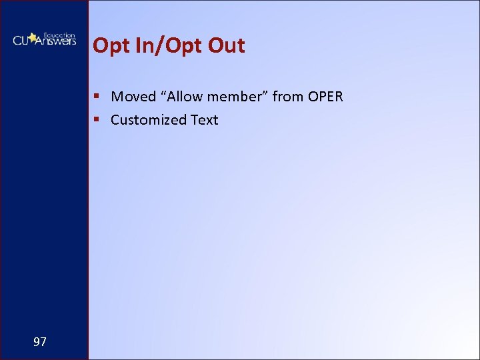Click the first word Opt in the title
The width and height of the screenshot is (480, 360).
(x=109, y=46)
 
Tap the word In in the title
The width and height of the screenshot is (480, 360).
(x=136, y=45)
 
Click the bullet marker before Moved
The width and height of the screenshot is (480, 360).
(x=97, y=97)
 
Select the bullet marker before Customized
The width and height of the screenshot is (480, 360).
(x=97, y=120)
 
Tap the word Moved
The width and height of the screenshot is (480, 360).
(x=133, y=97)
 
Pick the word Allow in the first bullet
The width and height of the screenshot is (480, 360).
(x=184, y=97)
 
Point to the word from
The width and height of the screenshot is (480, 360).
(x=287, y=97)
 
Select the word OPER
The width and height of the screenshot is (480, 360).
(x=325, y=97)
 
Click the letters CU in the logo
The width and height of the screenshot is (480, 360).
(x=21, y=41)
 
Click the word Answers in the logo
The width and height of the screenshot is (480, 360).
(x=55, y=41)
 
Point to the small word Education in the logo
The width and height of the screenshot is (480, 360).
(x=59, y=34)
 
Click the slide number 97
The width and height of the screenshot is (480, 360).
(x=40, y=342)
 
